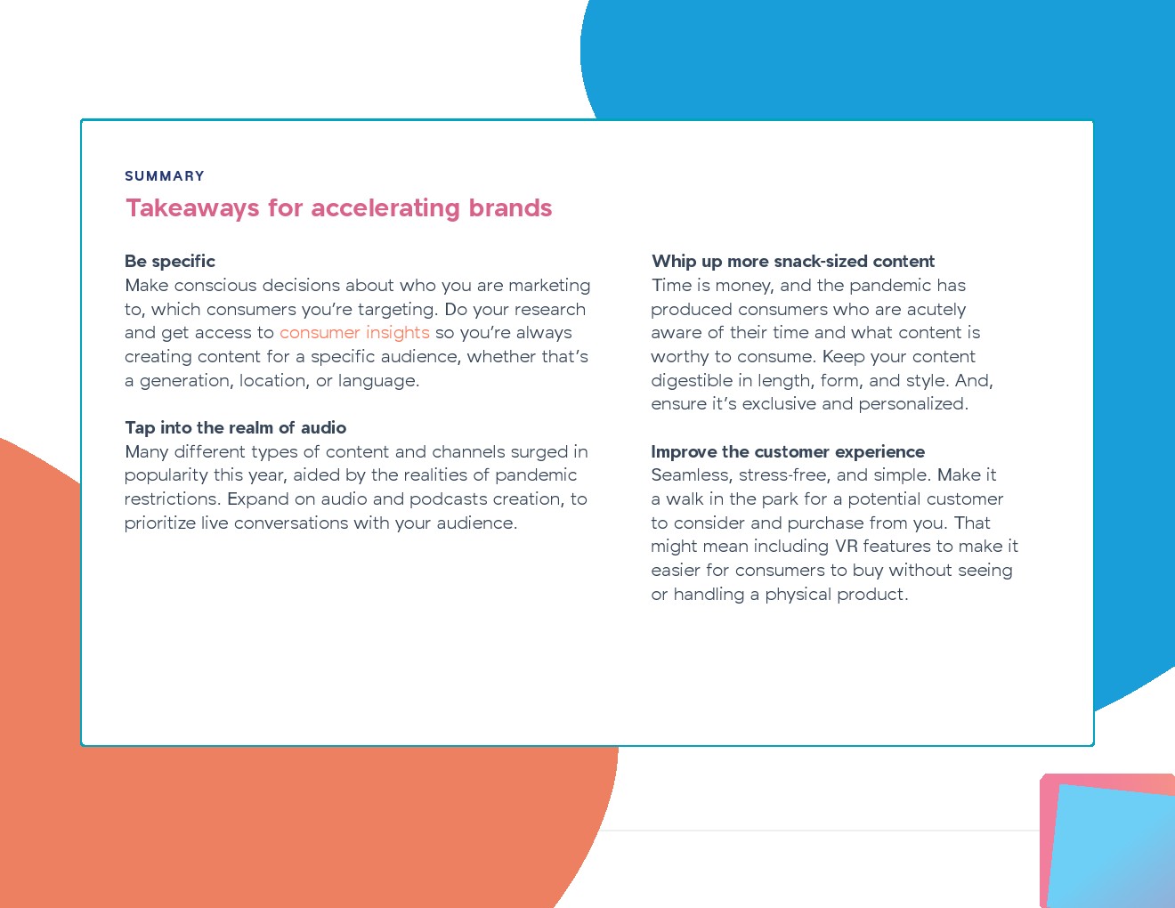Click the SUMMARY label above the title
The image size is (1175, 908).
coord(165,176)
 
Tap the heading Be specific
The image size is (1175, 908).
coord(170,262)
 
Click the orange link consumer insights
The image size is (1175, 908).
coord(354,333)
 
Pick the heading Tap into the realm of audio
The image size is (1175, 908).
coord(236,428)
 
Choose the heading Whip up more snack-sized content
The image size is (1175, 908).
coord(793,262)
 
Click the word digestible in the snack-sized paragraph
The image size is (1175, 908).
coord(693,381)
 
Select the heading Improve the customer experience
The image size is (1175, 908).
coord(788,452)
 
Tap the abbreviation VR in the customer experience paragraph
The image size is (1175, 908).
coord(846,547)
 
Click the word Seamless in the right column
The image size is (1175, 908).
coord(690,475)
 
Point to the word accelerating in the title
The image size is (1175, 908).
coord(386,208)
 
